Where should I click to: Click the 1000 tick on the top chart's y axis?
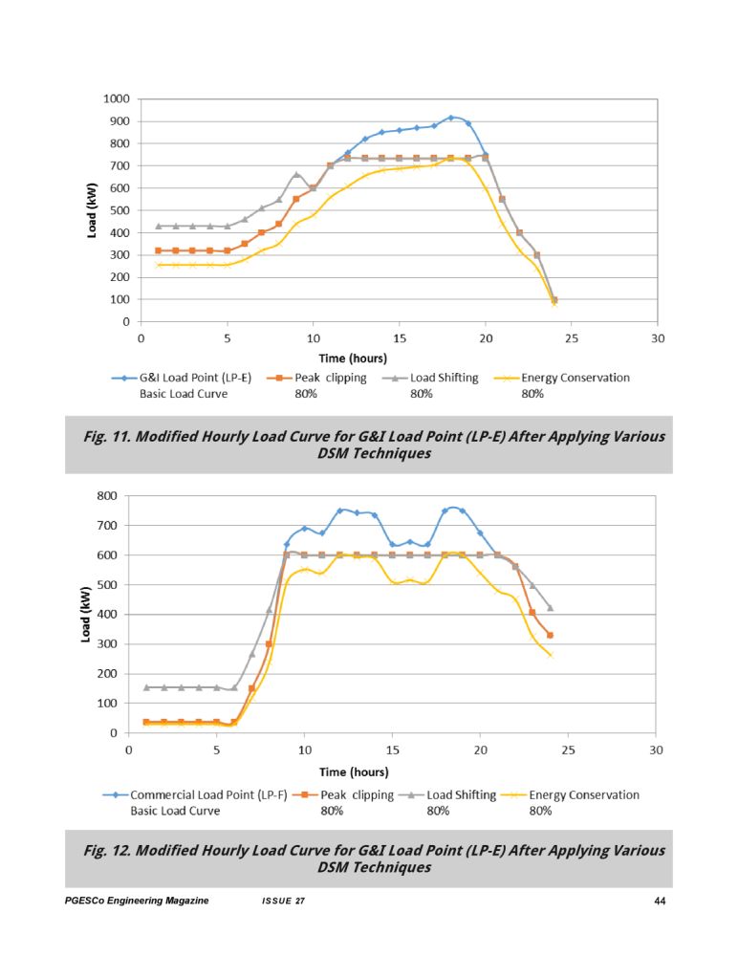117,98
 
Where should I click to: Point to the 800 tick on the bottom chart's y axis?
107,495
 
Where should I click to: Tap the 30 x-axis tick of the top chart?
658,338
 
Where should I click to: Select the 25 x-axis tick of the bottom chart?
568,750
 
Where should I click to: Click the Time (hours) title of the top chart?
353,358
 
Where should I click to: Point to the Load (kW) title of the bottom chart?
86,615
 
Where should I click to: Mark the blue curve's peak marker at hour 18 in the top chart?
450,118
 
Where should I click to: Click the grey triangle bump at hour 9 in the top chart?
296,174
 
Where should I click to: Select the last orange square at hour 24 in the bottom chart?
550,636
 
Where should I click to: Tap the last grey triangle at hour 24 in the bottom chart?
550,608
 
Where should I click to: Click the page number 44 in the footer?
660,902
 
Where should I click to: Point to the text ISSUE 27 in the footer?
283,902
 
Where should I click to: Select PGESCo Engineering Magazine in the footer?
137,902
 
